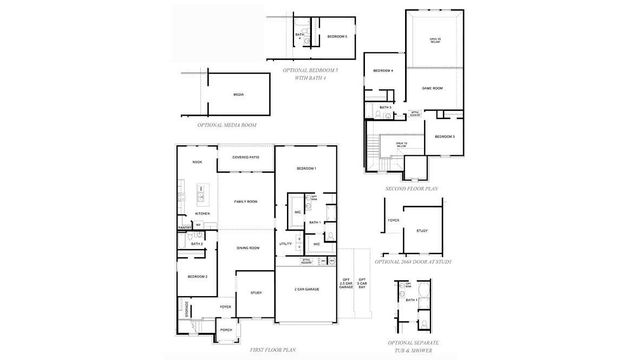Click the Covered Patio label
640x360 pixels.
click(246, 157)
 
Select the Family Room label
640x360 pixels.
click(246, 202)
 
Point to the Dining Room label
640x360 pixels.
click(248, 247)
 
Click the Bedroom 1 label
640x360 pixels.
click(306, 169)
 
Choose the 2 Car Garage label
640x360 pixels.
click(306, 290)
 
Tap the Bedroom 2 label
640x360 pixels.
click(197, 275)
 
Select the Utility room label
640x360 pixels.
click(285, 243)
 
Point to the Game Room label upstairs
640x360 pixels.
click(432, 87)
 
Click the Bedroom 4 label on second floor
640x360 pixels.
click(384, 71)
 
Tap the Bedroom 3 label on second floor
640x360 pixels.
click(445, 136)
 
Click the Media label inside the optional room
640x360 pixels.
click(238, 94)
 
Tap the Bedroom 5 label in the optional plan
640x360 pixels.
click(337, 36)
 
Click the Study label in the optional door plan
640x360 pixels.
click(423, 231)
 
